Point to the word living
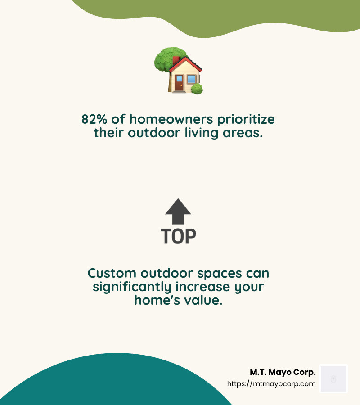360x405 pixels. (x=211, y=133)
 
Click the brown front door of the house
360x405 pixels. (x=179, y=83)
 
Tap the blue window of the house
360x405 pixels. (x=192, y=80)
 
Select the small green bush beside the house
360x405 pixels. (x=197, y=89)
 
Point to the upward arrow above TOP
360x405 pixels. (x=178, y=211)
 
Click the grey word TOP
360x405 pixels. (x=178, y=236)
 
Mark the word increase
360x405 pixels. (x=211, y=286)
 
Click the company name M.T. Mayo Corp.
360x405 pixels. (x=283, y=373)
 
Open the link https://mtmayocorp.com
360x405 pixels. (x=271, y=384)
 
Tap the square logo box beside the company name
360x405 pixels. (x=333, y=378)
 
